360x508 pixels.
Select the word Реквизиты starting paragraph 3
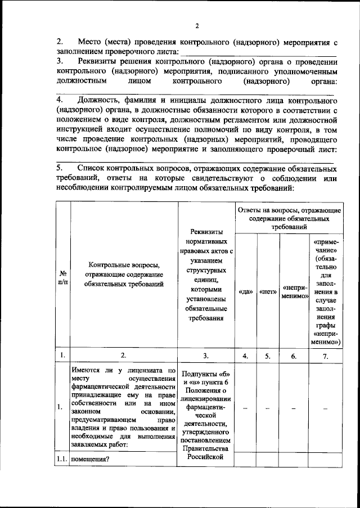(x=100, y=62)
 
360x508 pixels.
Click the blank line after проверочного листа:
(x=261, y=52)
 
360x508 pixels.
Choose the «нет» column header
(x=268, y=292)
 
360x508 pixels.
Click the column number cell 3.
(x=206, y=355)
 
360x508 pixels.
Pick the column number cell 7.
(x=325, y=355)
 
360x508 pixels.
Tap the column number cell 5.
(x=268, y=355)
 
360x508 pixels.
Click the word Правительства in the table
(x=206, y=448)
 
